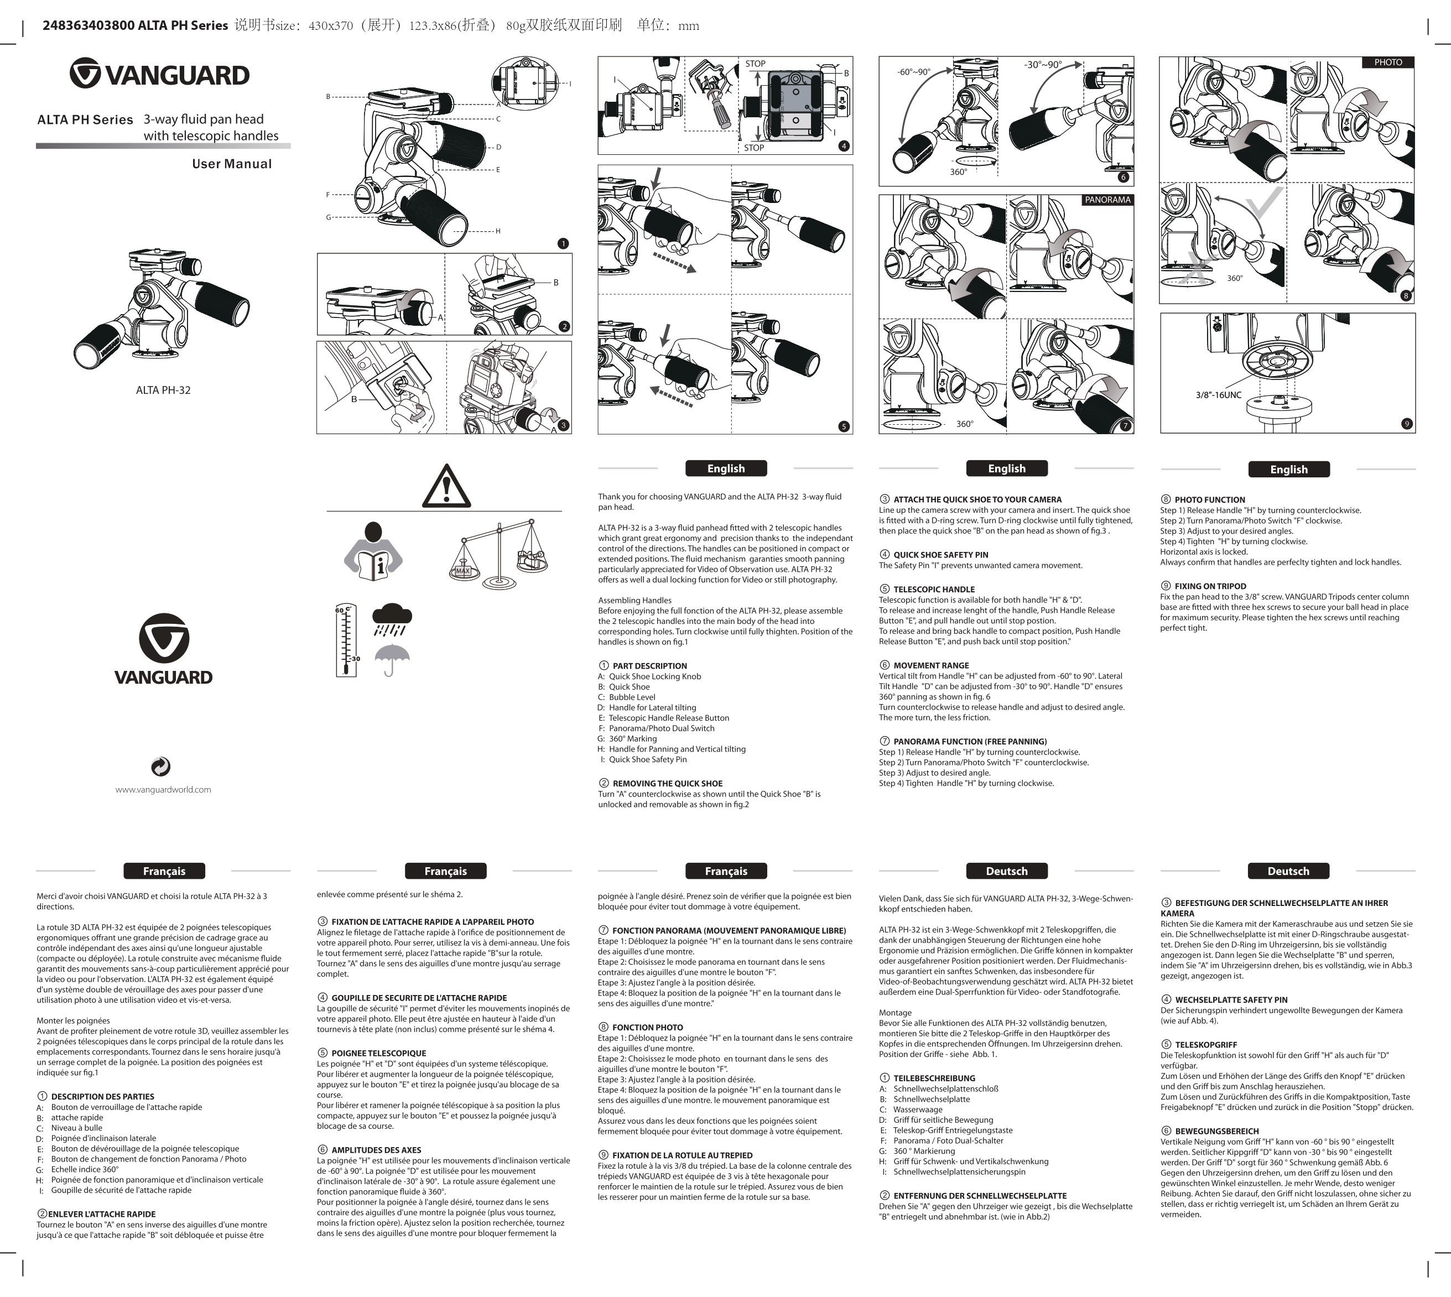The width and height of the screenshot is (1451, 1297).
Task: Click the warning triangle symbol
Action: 446,486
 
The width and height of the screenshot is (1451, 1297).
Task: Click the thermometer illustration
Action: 346,640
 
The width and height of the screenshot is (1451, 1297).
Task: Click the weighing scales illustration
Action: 501,554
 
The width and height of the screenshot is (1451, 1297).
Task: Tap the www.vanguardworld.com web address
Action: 163,790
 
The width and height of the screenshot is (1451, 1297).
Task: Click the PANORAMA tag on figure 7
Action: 1107,200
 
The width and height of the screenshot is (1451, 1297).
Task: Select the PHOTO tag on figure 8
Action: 1387,62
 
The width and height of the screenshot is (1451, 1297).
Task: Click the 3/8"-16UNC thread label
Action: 1218,395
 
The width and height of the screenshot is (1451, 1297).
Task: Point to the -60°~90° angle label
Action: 914,72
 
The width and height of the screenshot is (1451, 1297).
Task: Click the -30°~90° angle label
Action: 1043,65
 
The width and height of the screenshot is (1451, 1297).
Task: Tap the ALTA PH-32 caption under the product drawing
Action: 163,390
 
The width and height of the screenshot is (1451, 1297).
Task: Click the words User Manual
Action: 232,164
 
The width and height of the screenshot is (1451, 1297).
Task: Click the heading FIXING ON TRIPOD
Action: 1210,586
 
